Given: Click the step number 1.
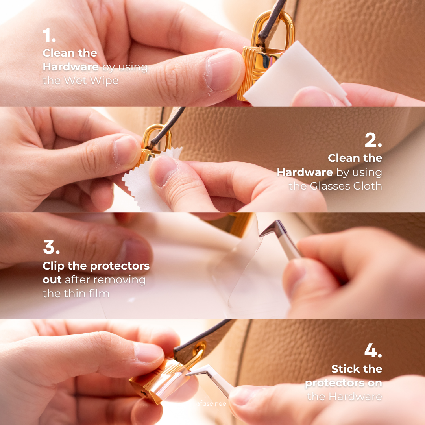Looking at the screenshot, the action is pyautogui.click(x=49, y=35).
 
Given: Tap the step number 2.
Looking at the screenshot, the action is pyautogui.click(x=373, y=140).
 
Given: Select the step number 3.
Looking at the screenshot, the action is pyautogui.click(x=51, y=247).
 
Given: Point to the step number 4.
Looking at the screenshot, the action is pyautogui.click(x=373, y=350).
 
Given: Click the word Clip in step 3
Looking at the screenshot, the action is pyautogui.click(x=54, y=266).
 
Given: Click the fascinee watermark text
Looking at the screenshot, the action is pyautogui.click(x=211, y=404).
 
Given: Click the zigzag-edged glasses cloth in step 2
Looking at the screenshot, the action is pyautogui.click(x=146, y=181).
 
